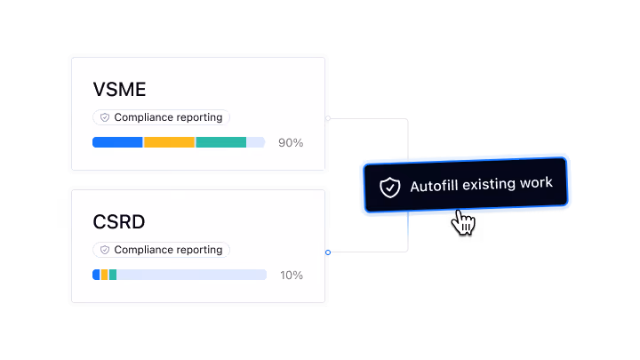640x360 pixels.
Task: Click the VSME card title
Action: [119, 90]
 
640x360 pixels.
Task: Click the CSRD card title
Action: [119, 222]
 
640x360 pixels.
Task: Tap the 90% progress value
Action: [291, 143]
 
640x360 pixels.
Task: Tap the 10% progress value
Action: [292, 275]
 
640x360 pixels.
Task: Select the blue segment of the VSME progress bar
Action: [117, 142]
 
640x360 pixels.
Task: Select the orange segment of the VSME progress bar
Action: [169, 142]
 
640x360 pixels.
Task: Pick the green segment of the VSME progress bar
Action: [220, 142]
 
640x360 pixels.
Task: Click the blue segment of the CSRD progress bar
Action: [96, 275]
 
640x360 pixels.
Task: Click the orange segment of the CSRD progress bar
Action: [105, 275]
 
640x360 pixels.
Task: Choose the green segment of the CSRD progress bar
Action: [113, 275]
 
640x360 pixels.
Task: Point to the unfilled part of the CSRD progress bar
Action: [191, 275]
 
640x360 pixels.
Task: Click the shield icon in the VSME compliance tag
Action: [105, 117]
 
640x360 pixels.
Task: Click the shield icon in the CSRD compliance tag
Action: [105, 250]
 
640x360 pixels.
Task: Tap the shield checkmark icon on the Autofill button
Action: [390, 188]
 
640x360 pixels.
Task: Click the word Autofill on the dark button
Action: [435, 186]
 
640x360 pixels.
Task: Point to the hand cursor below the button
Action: [463, 222]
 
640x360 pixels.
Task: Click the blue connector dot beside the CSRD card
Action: [328, 252]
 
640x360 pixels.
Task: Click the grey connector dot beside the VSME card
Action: [328, 118]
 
